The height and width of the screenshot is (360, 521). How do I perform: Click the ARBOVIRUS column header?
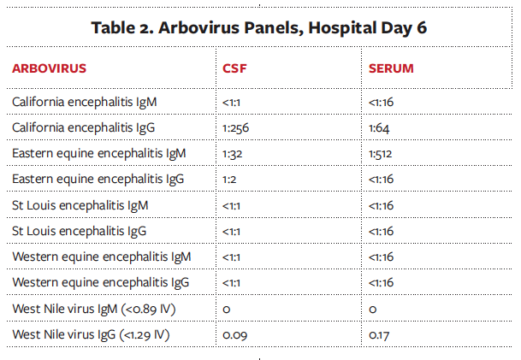[49, 67]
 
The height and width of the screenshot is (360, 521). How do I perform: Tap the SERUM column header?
[391, 67]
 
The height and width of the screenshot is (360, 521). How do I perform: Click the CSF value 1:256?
[235, 128]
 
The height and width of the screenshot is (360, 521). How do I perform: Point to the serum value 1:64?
[380, 128]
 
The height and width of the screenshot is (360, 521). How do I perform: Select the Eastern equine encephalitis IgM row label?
[99, 154]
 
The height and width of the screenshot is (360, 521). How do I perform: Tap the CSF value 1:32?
[233, 154]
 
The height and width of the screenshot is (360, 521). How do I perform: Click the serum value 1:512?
[382, 154]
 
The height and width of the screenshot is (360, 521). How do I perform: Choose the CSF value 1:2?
[230, 180]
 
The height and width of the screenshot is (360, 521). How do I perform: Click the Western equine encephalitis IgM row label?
[101, 257]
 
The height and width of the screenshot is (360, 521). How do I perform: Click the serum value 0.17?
[380, 334]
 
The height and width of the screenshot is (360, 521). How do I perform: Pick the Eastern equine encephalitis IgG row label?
[98, 180]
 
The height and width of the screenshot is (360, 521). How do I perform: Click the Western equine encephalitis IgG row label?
[100, 282]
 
